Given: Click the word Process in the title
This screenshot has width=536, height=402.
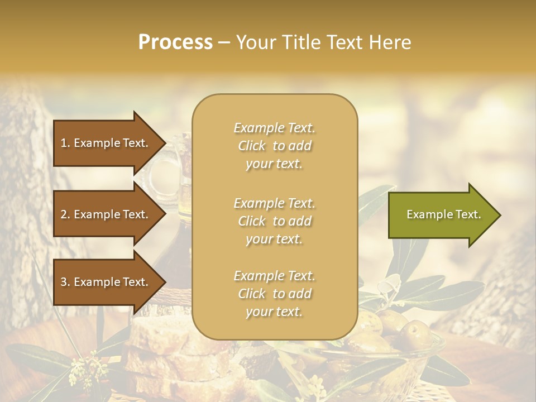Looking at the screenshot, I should coord(175,42).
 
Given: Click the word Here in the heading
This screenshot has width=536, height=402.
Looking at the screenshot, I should coord(389,42).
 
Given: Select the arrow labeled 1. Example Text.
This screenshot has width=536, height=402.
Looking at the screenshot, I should coord(104,143).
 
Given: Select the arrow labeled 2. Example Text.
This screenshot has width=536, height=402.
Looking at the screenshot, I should coord(104,214).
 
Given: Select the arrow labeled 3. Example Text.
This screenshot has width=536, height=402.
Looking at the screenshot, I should coord(104,282).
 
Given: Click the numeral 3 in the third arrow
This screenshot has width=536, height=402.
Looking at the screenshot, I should coord(63,283).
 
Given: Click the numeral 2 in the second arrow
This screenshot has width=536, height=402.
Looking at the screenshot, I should coord(63,214).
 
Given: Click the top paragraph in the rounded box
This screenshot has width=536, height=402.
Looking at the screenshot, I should coord(274,146).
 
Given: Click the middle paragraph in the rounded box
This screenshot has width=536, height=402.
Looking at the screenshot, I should coord(274,221).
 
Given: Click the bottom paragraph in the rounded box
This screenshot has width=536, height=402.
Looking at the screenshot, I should coord(274,294).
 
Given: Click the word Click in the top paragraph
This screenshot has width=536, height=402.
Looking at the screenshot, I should coord(252,146).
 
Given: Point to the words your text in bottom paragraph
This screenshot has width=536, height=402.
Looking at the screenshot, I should coord(274,312).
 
